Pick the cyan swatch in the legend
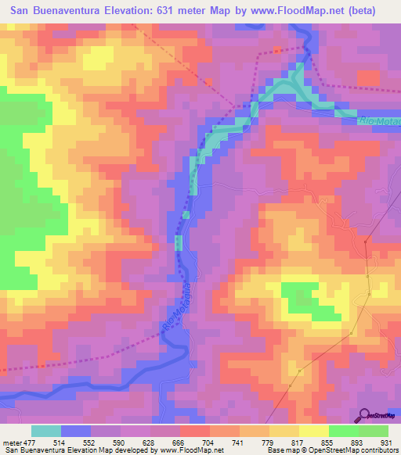(x=46, y=431)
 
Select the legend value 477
(x=31, y=442)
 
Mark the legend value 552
(x=90, y=442)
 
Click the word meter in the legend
(x=12, y=442)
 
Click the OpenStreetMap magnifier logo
(x=363, y=414)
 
